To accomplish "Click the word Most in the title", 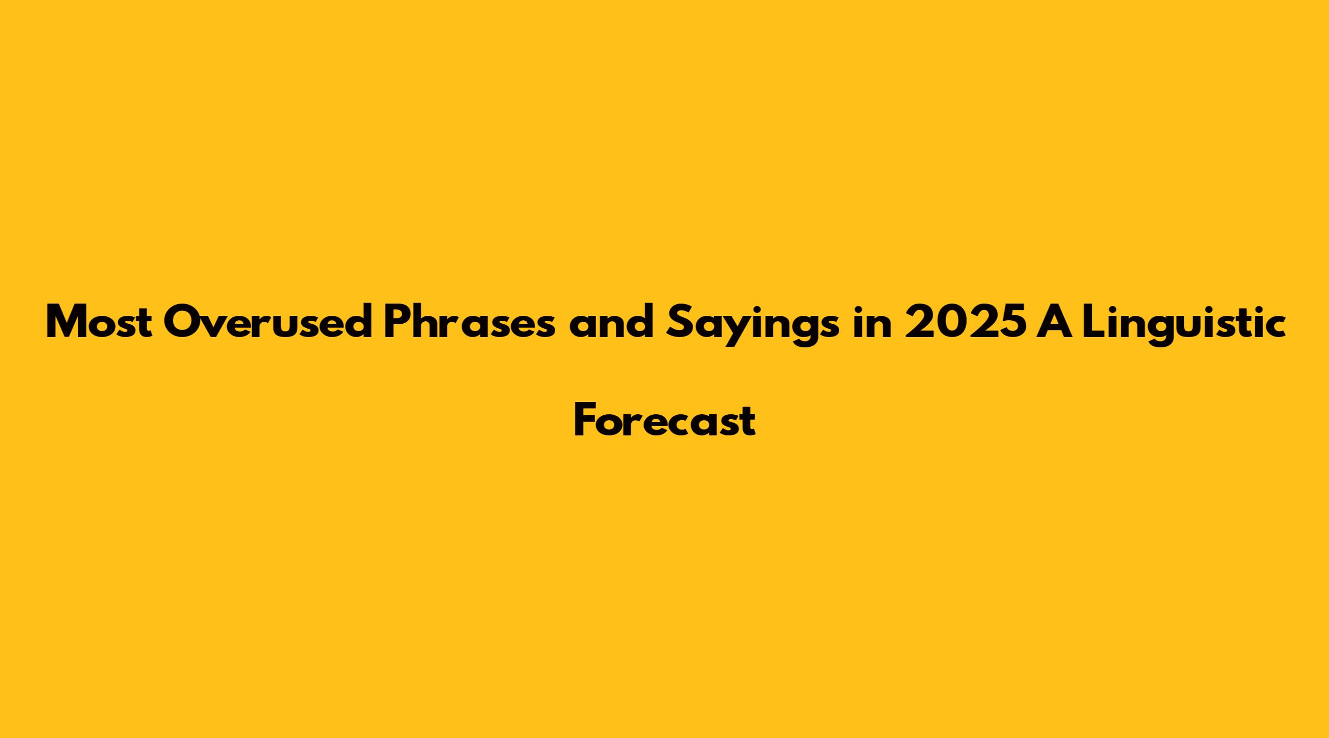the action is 99,322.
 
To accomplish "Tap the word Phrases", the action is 470,321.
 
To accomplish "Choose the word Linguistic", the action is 1183,325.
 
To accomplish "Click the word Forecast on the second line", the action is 665,420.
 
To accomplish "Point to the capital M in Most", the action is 67,322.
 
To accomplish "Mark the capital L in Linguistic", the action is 1094,322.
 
